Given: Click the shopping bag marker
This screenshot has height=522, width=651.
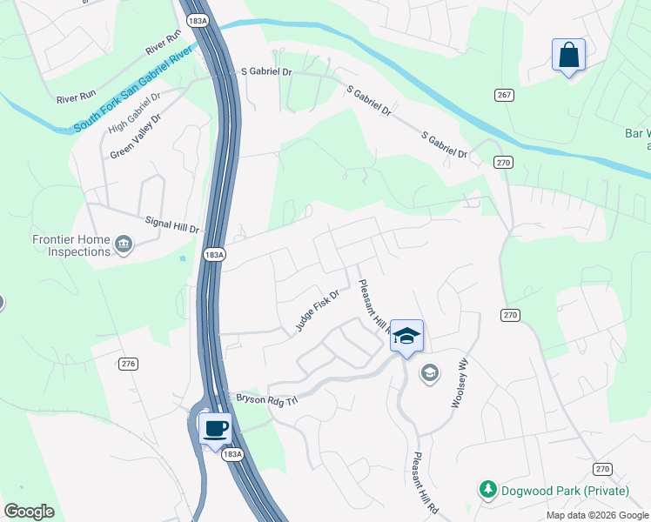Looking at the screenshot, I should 568,56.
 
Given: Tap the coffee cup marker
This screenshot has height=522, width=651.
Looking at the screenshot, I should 215,428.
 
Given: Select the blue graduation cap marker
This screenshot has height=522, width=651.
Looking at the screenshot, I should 406,336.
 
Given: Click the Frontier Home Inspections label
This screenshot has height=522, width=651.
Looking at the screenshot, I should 71,245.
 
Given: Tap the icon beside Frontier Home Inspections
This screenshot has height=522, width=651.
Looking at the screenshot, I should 124,245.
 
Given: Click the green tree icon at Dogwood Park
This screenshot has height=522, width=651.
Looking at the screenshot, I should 488,490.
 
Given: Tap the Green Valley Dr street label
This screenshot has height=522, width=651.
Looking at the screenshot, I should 136,136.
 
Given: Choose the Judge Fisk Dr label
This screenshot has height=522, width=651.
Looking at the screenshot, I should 316,310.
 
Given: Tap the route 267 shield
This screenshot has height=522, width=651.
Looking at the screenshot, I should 504,94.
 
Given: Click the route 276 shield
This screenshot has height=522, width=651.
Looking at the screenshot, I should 129,364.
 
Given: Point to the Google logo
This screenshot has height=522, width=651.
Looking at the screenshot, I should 29,511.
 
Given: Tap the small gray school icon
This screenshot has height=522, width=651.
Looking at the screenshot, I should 428,373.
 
